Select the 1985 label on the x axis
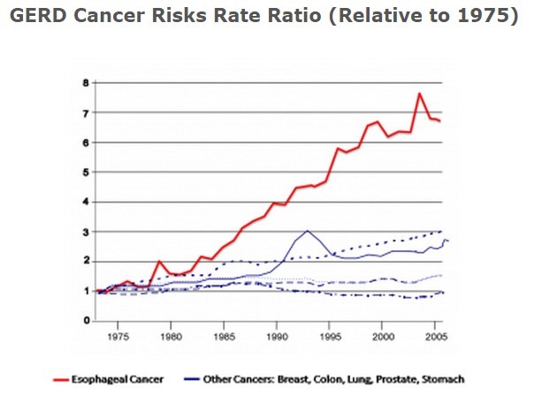pos(225,337)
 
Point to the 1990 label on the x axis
pos(277,337)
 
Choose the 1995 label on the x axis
pos(330,337)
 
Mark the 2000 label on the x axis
pos(382,337)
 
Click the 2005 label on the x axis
pos(434,337)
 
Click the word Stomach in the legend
pos(442,380)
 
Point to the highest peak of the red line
pos(419,94)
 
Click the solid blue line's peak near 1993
pos(307,231)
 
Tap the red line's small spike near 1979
pos(158,262)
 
